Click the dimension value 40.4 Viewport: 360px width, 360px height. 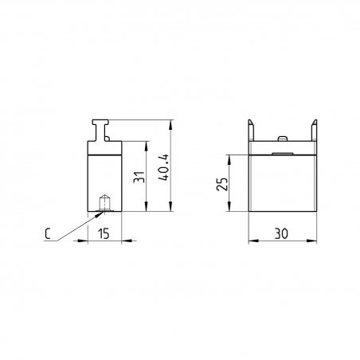[x=163, y=167]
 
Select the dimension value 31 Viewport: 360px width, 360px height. [x=139, y=177]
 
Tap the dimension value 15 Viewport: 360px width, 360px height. [x=104, y=233]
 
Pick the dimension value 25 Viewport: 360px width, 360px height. [x=222, y=184]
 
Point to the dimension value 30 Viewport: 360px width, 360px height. [x=281, y=233]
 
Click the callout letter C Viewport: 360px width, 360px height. [x=48, y=233]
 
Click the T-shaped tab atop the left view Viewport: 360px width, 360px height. [x=100, y=130]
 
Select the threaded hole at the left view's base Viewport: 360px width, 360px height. [x=104, y=203]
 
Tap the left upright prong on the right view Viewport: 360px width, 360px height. [x=251, y=130]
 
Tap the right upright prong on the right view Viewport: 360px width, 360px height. [x=314, y=130]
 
